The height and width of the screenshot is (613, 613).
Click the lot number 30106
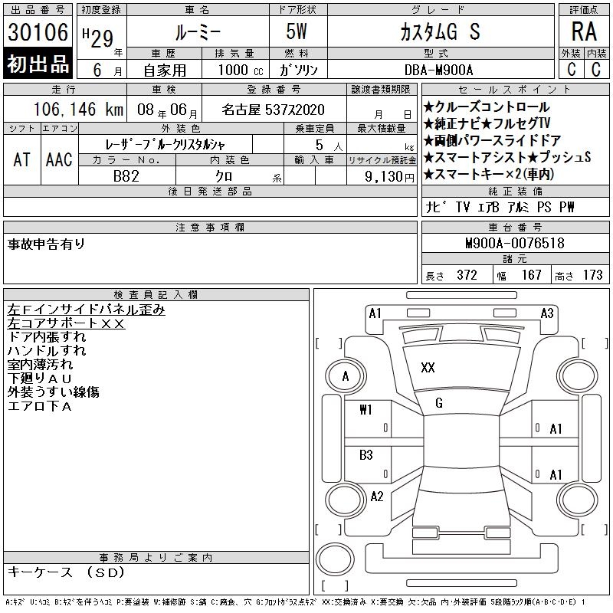tap(38, 32)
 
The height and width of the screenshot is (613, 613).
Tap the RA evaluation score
tap(584, 31)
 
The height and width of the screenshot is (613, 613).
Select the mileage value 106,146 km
tap(78, 110)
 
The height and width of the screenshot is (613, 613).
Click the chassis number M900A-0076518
tap(514, 243)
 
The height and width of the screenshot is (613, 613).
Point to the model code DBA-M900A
tap(438, 70)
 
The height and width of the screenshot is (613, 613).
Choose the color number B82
tap(126, 176)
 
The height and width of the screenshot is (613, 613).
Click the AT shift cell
tap(22, 159)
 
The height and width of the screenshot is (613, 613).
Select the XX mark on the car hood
tap(428, 368)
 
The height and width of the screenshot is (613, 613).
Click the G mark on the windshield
tap(439, 403)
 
